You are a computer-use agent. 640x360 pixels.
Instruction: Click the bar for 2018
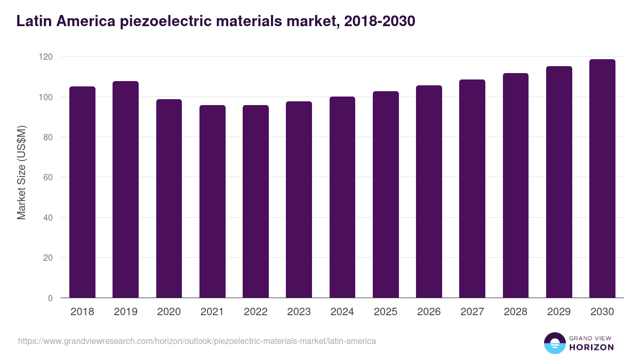coord(82,192)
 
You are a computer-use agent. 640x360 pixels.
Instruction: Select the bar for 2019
coord(125,189)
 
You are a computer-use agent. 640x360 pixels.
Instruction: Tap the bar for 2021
coord(212,202)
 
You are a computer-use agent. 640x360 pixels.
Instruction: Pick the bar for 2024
coord(342,197)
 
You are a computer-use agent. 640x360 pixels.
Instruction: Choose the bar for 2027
coord(472,189)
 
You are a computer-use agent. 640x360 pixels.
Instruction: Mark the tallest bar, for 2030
coord(602,179)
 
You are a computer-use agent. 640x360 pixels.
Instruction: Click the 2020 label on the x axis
coord(169,312)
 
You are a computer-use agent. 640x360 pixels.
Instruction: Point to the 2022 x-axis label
coord(255,312)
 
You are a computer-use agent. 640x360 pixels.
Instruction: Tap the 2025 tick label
coord(386,312)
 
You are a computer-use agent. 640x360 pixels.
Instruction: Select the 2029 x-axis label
coord(559,312)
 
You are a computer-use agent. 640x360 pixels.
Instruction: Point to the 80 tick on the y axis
coord(47,137)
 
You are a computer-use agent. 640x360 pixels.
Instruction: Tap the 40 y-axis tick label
coord(47,218)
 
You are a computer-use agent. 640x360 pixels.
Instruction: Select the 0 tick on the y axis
coord(50,298)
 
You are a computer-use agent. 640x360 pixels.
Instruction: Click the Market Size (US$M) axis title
coord(21,173)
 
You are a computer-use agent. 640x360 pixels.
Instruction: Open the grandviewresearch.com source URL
coord(197,341)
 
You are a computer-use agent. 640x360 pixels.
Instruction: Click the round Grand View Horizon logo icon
coord(554,343)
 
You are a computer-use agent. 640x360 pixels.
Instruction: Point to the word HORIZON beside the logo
coord(592,347)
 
